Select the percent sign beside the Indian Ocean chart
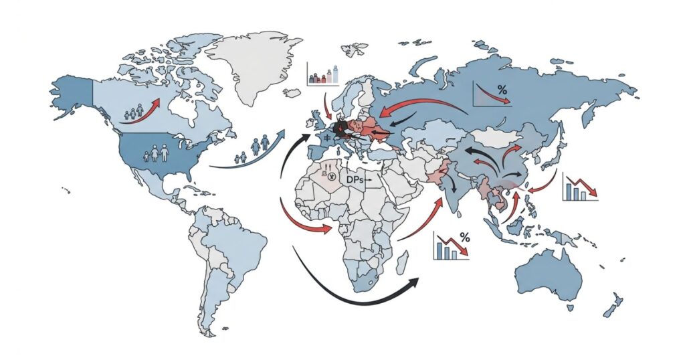(464, 237)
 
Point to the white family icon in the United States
(159, 154)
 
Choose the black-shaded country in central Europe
(342, 128)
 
